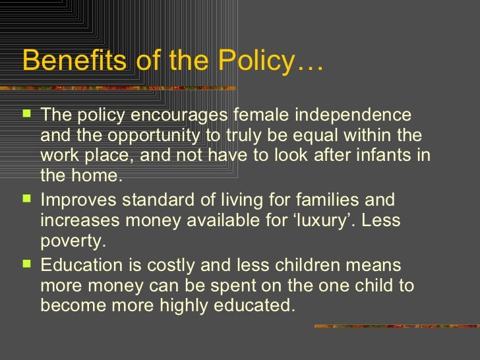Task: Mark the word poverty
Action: coord(72,241)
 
